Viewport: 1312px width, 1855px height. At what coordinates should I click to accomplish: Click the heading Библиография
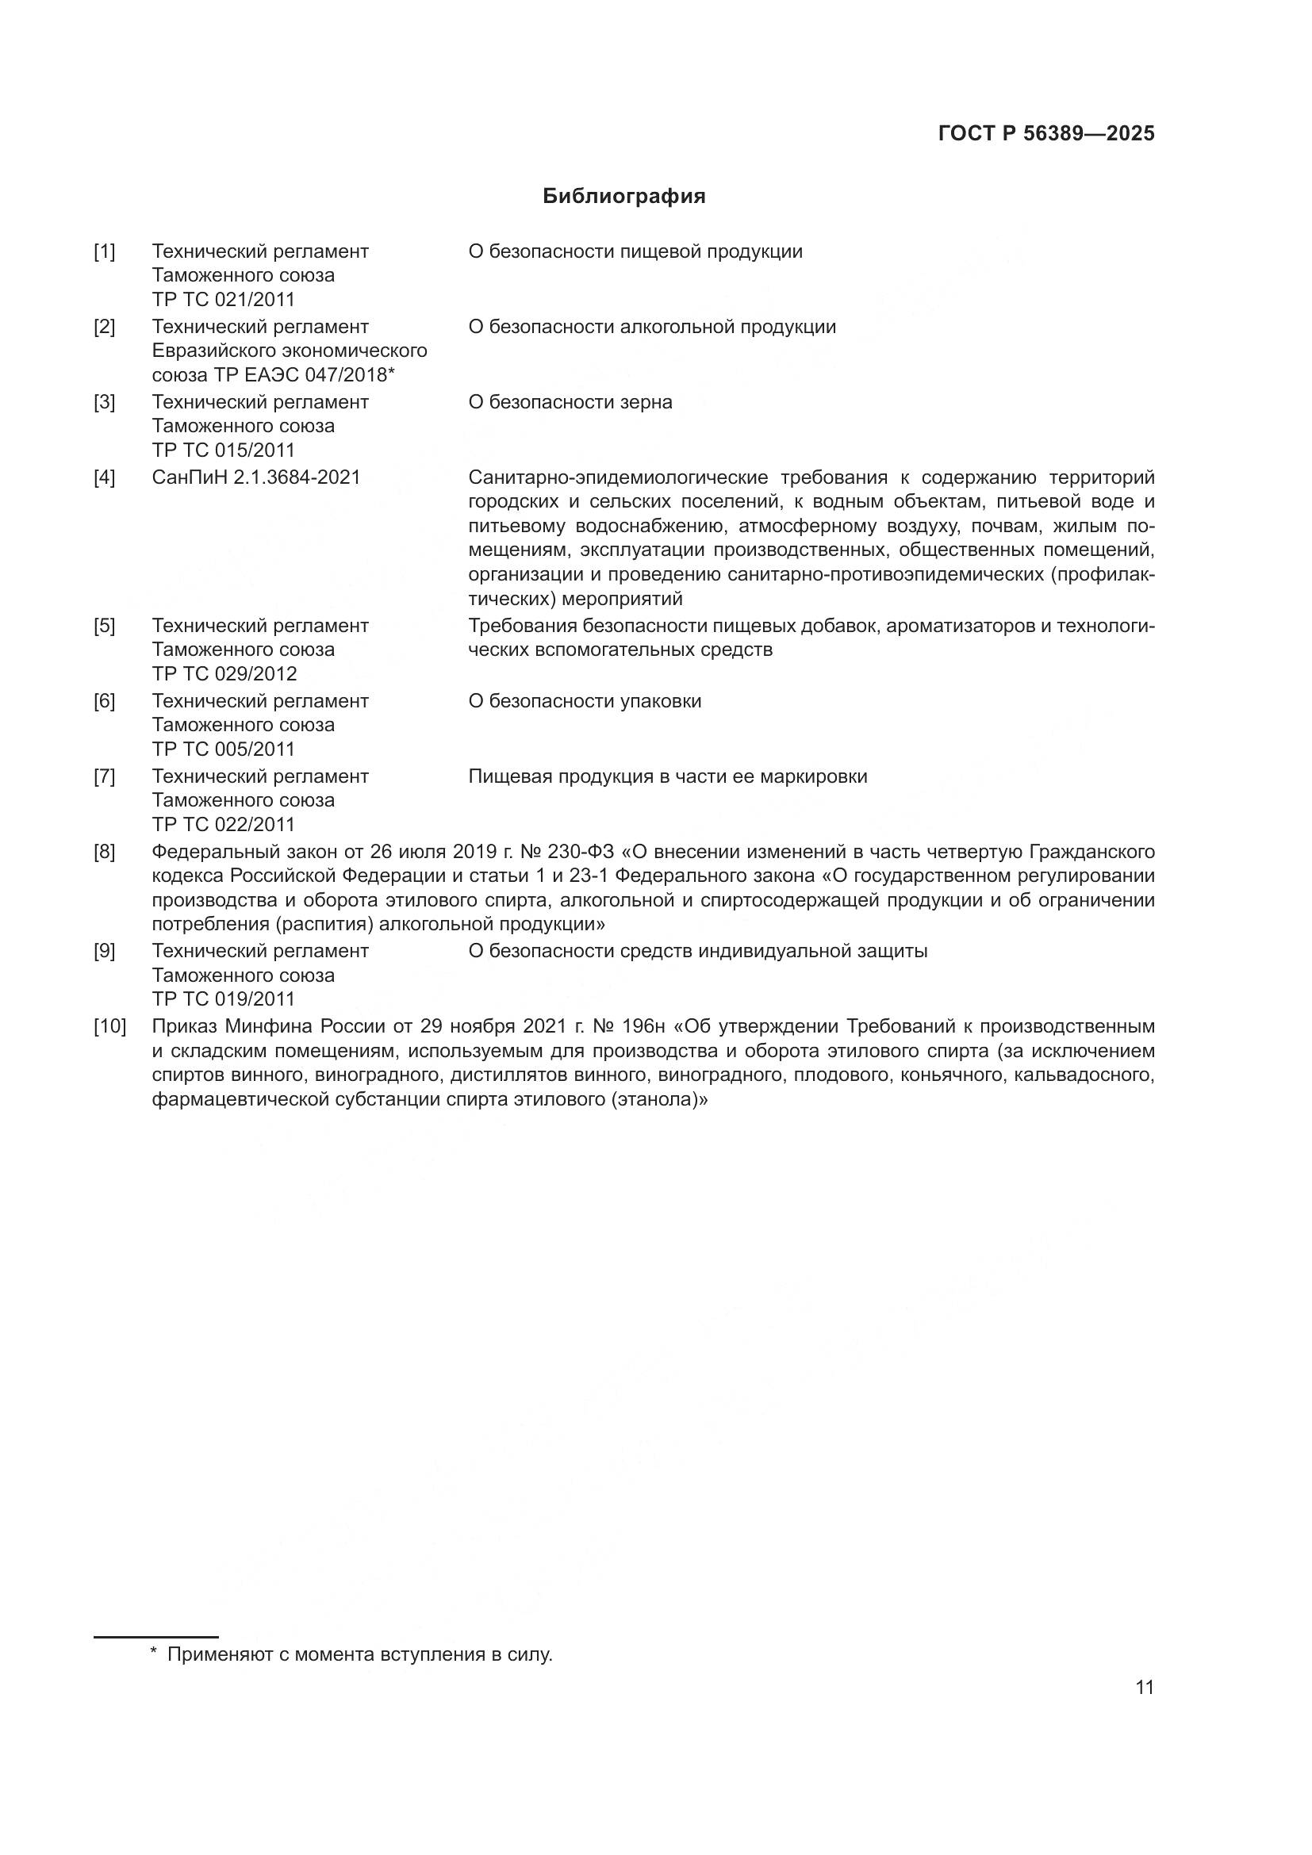(x=623, y=197)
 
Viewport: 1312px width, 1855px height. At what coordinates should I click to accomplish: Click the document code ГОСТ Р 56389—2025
(x=1046, y=134)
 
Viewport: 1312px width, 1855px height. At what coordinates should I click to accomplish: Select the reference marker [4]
(x=104, y=477)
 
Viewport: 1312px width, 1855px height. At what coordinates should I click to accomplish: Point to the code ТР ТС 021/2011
(x=224, y=300)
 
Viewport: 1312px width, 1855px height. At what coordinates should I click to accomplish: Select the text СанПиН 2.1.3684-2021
(x=256, y=477)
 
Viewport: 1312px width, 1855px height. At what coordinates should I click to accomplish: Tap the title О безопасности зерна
(x=570, y=402)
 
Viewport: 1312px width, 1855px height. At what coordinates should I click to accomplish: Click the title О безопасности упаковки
(x=584, y=701)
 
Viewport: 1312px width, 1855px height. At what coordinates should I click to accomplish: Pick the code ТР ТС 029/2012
(x=224, y=674)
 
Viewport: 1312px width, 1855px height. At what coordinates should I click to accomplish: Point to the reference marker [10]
(x=110, y=1027)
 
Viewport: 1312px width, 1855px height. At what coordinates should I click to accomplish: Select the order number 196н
(x=644, y=1027)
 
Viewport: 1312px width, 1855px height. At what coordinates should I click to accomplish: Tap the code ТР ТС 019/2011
(x=224, y=999)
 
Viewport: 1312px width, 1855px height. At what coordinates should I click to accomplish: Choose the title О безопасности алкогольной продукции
(x=651, y=328)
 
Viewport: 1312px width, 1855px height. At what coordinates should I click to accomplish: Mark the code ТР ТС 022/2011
(x=224, y=825)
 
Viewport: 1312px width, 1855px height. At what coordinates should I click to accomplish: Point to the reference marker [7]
(x=104, y=776)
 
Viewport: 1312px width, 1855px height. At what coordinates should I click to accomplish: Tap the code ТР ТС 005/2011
(x=224, y=749)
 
